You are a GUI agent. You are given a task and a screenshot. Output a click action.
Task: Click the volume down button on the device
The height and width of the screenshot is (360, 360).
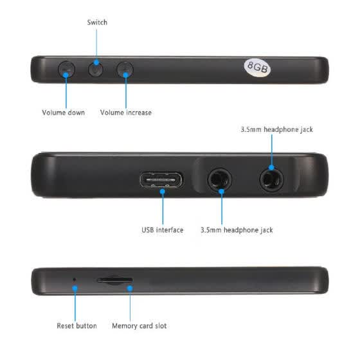point(66,69)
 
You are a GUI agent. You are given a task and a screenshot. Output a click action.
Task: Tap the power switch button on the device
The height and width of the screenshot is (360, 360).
point(96,69)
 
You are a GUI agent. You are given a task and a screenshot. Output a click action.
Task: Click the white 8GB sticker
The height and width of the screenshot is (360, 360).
point(257,67)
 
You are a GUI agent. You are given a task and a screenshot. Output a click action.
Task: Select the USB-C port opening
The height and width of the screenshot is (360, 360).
point(161,180)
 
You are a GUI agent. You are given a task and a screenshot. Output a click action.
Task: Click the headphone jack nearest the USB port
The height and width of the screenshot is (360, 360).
point(219,180)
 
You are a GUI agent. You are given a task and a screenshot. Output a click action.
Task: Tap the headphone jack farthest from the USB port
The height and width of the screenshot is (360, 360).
point(271,180)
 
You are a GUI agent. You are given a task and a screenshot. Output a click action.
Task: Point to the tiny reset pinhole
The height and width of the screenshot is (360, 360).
point(74,280)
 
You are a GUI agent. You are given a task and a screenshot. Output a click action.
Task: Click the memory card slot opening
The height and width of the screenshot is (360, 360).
point(115,280)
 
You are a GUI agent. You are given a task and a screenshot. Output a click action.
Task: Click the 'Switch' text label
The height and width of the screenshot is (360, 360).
point(97,22)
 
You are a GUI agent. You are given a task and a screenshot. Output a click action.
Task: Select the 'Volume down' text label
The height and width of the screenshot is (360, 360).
point(64,113)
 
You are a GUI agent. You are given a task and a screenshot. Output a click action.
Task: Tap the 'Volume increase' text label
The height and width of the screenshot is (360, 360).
point(126,113)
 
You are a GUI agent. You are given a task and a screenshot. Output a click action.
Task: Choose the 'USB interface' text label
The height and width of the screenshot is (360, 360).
point(162,230)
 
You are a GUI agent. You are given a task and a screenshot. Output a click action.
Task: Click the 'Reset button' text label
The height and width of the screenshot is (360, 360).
point(76,325)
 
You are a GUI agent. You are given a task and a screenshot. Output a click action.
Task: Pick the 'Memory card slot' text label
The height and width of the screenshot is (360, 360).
point(139,325)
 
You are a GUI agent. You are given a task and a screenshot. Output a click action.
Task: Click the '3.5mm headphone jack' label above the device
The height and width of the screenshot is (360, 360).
point(276,129)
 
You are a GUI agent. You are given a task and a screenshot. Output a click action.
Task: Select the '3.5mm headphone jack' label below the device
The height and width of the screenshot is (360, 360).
point(237,230)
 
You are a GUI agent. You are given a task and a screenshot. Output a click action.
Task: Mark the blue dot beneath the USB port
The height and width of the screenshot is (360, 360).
point(163,192)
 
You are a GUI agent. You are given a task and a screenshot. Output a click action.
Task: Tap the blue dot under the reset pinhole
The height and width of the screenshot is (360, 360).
point(75,289)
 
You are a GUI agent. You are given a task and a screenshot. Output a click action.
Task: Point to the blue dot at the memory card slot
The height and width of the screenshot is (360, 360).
point(130,289)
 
